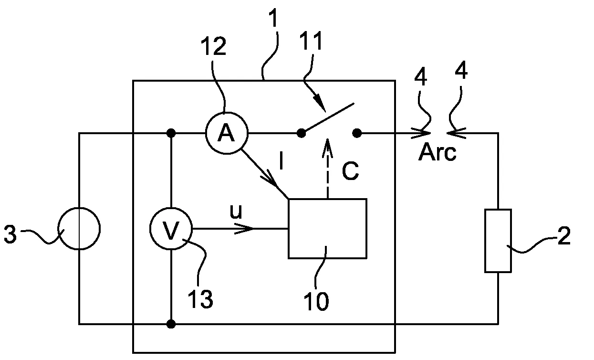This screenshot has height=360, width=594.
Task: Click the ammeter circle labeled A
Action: tap(226, 134)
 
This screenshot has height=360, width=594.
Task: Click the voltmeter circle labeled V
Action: tap(170, 229)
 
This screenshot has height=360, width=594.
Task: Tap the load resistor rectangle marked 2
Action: tap(498, 241)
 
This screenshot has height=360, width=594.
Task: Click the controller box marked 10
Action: tap(327, 229)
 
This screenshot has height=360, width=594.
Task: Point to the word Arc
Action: tap(437, 152)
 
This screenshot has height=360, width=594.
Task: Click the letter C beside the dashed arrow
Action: tap(350, 172)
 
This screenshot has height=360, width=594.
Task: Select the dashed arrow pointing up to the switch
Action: tap(327, 168)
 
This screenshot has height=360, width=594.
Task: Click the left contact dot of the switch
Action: tap(301, 133)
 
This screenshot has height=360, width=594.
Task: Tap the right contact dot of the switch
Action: tap(357, 133)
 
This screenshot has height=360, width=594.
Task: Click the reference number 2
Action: tap(563, 237)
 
